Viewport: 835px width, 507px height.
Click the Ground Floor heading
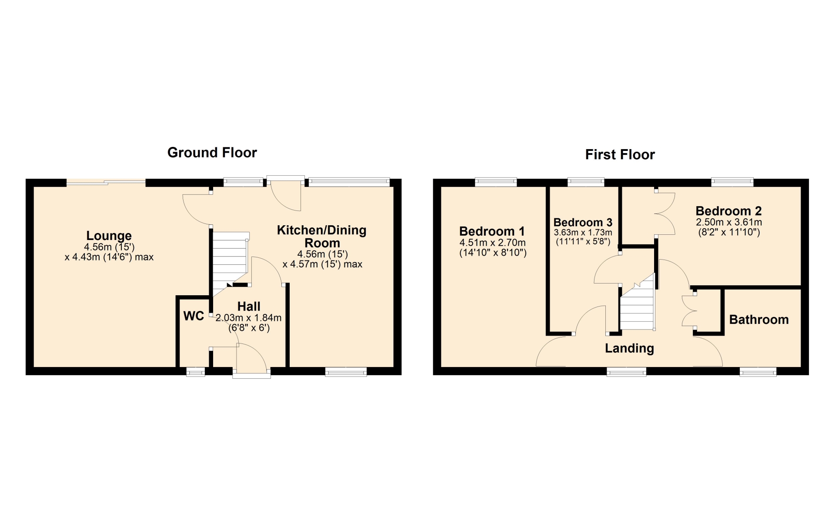tap(212, 153)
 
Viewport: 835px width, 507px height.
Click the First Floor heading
tap(620, 154)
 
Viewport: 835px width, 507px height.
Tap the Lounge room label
tap(109, 236)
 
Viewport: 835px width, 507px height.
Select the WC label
tap(194, 316)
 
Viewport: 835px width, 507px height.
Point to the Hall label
tap(249, 306)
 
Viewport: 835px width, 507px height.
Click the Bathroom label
tap(759, 320)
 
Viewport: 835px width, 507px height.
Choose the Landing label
tap(629, 348)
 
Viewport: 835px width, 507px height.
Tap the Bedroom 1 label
tap(492, 231)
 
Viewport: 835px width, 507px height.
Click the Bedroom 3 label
tap(583, 223)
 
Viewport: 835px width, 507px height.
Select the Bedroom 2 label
tap(728, 211)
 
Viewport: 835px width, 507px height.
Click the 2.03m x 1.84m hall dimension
tap(248, 318)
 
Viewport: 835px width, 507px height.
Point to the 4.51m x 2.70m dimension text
tap(492, 243)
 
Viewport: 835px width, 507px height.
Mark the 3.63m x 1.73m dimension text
tap(583, 233)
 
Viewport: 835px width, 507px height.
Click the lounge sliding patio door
tap(106, 183)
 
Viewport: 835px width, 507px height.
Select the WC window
tap(196, 372)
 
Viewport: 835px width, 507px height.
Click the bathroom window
tap(758, 372)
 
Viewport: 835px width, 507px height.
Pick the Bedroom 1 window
tap(496, 182)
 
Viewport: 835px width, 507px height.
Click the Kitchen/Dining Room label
tap(322, 237)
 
